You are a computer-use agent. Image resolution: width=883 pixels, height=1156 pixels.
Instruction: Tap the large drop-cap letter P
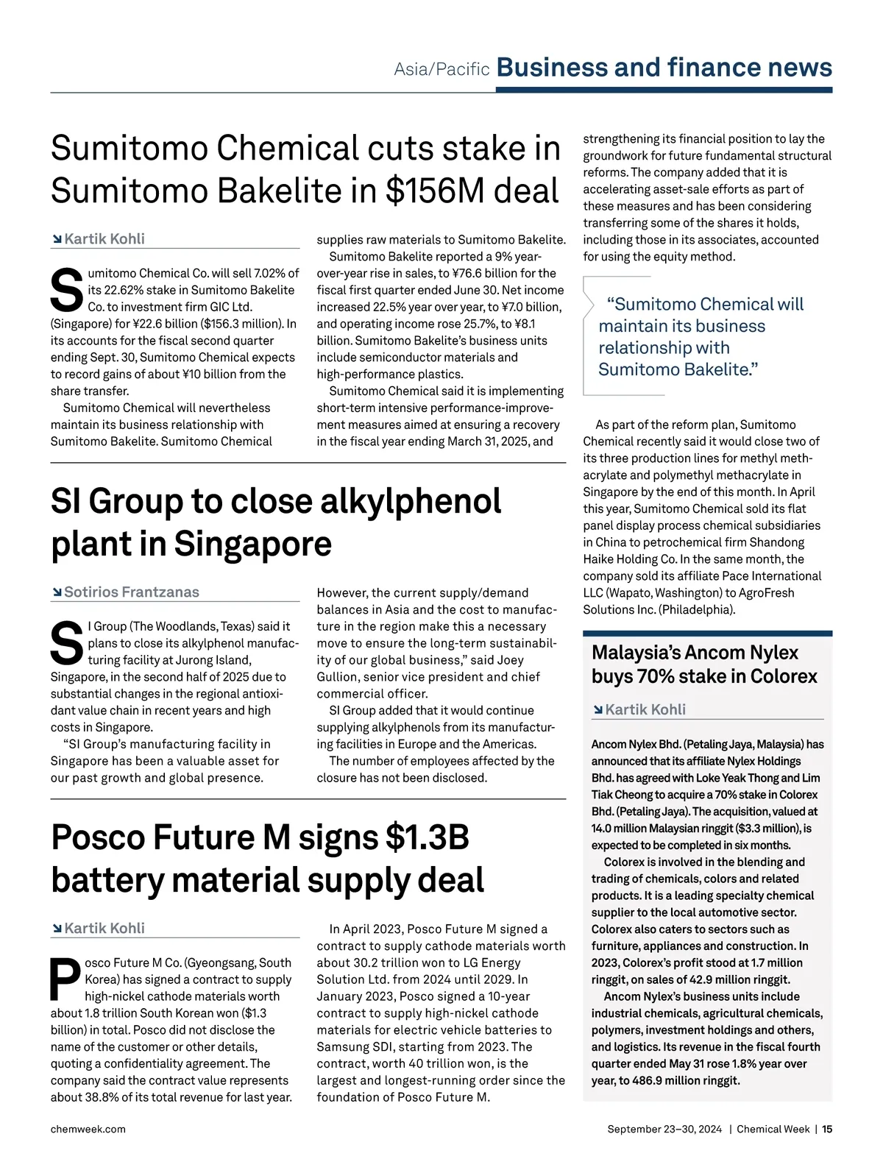[x=65, y=979]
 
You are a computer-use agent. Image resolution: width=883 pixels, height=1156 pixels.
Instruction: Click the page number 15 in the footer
[x=827, y=1129]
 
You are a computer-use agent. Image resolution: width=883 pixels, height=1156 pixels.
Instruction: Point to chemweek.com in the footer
[x=88, y=1129]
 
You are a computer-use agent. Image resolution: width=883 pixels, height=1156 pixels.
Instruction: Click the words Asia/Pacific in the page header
[x=441, y=69]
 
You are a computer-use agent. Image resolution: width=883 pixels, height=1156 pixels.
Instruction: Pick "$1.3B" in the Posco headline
[x=428, y=837]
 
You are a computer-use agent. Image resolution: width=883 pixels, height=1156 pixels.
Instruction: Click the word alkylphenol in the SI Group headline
[x=411, y=502]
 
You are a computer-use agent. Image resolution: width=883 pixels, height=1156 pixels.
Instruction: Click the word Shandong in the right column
[x=776, y=542]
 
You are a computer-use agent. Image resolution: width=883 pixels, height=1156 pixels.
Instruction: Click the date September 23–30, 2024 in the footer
[x=664, y=1129]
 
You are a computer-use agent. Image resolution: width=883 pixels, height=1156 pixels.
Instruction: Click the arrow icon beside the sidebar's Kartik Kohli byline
[x=597, y=710]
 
